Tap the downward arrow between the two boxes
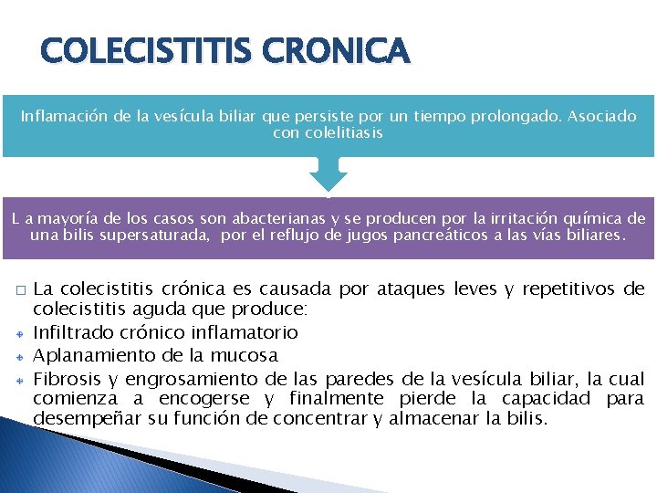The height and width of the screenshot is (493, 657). click(328, 173)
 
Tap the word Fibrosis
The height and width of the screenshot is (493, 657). click(63, 377)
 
